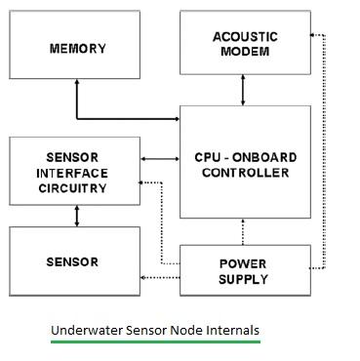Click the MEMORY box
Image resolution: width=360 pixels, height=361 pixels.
[77, 48]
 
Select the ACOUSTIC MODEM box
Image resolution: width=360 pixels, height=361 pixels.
[244, 45]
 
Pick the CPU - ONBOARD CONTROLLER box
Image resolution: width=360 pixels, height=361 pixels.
[244, 164]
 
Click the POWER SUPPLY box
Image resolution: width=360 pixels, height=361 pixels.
[244, 271]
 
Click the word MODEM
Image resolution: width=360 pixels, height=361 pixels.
[245, 53]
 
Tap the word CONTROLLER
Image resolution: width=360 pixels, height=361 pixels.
[245, 173]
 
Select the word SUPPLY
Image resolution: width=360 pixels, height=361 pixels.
[245, 279]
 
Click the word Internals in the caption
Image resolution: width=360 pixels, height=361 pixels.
[230, 330]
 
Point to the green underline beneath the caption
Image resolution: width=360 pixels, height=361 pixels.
[155, 341]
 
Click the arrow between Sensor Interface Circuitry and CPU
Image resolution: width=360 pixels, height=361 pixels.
[160, 156]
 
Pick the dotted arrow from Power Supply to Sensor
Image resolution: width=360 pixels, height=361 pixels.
[160, 279]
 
